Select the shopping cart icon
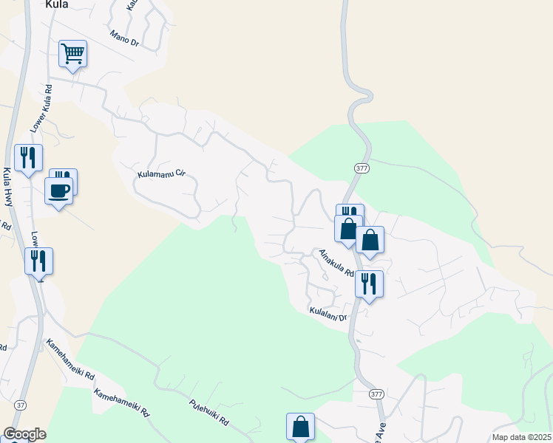pyautogui.click(x=72, y=53)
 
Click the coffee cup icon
pyautogui.click(x=58, y=190)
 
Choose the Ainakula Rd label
pyautogui.click(x=337, y=261)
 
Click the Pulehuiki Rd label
pyautogui.click(x=208, y=416)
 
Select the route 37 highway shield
pyautogui.click(x=19, y=405)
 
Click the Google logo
pyautogui.click(x=24, y=434)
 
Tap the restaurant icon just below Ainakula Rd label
pyautogui.click(x=368, y=284)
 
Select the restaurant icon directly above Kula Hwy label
pyautogui.click(x=28, y=157)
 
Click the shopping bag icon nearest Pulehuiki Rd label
pyautogui.click(x=300, y=426)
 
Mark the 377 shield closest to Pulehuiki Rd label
pyautogui.click(x=376, y=394)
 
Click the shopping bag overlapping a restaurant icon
pyautogui.click(x=347, y=228)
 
